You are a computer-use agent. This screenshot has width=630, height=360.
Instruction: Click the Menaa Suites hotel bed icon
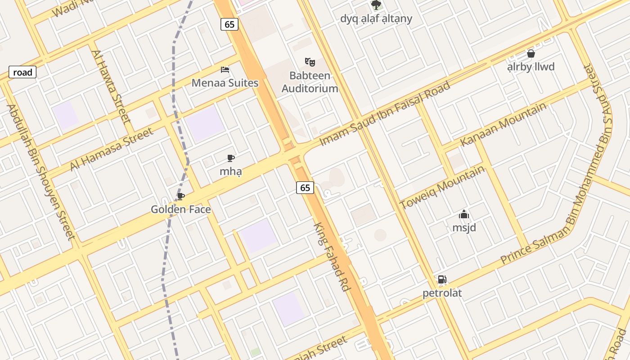pyautogui.click(x=225, y=70)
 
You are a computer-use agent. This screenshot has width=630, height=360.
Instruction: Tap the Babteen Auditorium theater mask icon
pyautogui.click(x=310, y=62)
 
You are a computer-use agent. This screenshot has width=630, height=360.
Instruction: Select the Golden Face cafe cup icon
pyautogui.click(x=180, y=196)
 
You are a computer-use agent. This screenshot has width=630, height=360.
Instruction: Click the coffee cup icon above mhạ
pyautogui.click(x=231, y=158)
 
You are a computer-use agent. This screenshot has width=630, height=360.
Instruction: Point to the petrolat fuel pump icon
pyautogui.click(x=442, y=279)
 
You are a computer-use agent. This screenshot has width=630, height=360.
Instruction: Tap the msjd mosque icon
pyautogui.click(x=464, y=214)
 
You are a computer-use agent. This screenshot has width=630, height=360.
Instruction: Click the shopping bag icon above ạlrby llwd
pyautogui.click(x=531, y=54)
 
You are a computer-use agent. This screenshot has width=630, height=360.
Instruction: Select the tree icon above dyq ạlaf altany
pyautogui.click(x=376, y=5)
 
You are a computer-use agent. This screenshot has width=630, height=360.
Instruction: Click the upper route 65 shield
pyautogui.click(x=229, y=24)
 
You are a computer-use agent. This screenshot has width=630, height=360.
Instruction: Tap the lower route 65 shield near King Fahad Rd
pyautogui.click(x=305, y=188)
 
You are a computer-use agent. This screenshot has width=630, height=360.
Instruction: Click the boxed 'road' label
pyautogui.click(x=22, y=72)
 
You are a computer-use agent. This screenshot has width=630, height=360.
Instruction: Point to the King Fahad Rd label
pyautogui.click(x=332, y=257)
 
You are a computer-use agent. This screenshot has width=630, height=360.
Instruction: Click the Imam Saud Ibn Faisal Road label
pyautogui.click(x=385, y=113)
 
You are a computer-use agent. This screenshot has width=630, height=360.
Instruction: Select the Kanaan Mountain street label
pyautogui.click(x=503, y=124)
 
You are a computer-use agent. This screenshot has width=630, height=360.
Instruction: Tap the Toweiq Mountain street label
pyautogui.click(x=442, y=187)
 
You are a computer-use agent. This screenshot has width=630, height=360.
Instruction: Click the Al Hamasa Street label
pyautogui.click(x=111, y=149)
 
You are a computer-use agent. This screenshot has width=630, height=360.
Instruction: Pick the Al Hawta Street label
pyautogui.click(x=111, y=86)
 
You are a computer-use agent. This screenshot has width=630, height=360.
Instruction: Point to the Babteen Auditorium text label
pyautogui.click(x=310, y=82)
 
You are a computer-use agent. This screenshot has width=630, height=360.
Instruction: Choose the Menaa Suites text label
pyautogui.click(x=225, y=83)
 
